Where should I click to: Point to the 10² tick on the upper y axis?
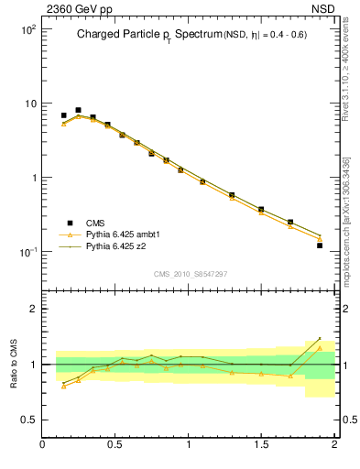[x=27, y=29]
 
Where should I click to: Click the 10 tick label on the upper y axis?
[x=29, y=104]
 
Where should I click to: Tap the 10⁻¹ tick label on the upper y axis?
[x=27, y=252]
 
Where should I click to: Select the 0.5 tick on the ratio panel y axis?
[x=28, y=420]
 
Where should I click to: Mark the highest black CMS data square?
[x=78, y=110]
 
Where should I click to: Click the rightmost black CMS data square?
[x=320, y=245]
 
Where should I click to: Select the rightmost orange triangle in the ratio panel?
[x=320, y=347]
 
